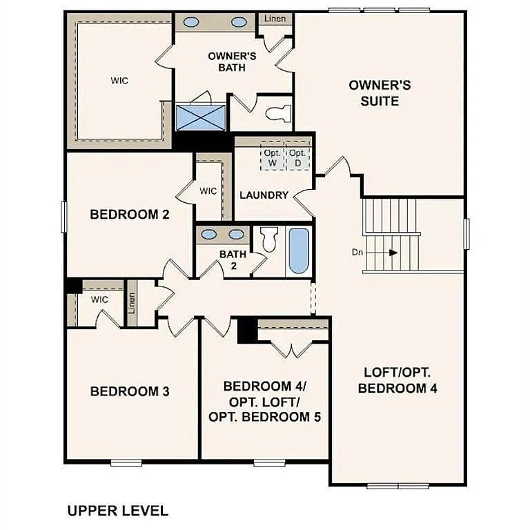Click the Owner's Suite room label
tap(380, 93)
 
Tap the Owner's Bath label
tap(232, 61)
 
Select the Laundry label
tap(264, 195)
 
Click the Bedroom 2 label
tap(130, 215)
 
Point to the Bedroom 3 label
tap(130, 391)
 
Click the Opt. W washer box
tap(271, 158)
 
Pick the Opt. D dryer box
tap(297, 158)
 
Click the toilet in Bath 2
tap(269, 240)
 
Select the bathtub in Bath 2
tap(299, 250)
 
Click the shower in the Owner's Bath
tap(201, 117)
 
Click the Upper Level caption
tap(117, 511)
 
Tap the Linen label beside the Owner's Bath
tap(275, 19)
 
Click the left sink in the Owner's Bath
tap(192, 22)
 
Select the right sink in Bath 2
tap(237, 233)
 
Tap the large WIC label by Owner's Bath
tap(119, 80)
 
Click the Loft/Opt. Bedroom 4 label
tap(397, 380)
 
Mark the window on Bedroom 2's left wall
tap(63, 216)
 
